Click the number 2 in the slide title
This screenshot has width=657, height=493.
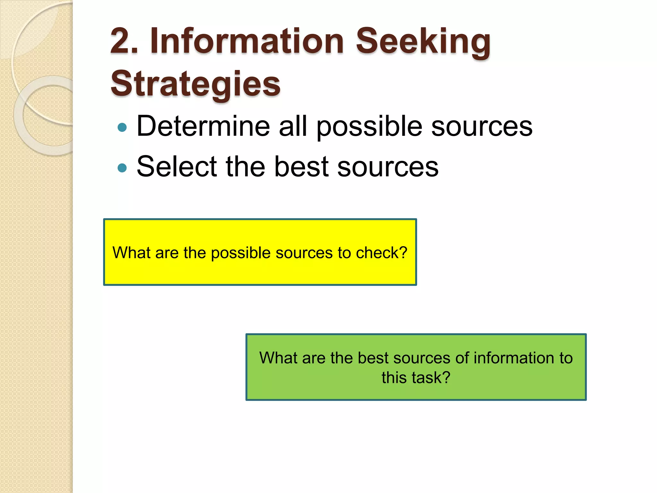coord(121,41)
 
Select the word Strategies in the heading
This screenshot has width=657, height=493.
coord(195,84)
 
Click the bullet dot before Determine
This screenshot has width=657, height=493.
coord(122,127)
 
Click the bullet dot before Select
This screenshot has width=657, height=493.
coord(122,168)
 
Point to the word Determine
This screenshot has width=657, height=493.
coord(203,126)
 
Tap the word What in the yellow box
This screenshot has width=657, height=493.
coord(132,253)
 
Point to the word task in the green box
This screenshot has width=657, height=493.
coord(430,377)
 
